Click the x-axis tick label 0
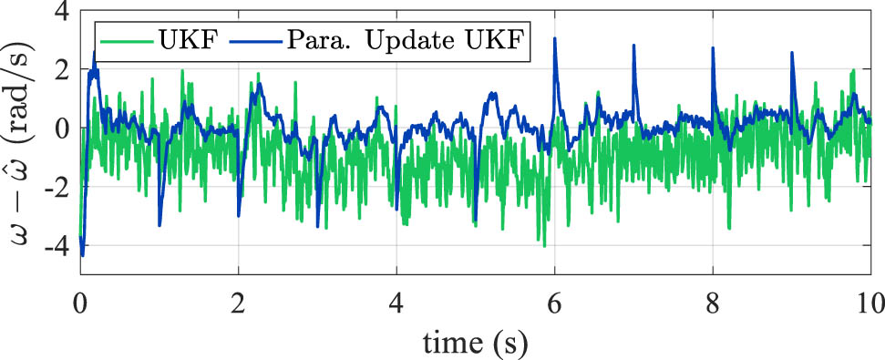pos(80,301)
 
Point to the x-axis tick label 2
pos(239,301)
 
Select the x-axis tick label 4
pos(396,301)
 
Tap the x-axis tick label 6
pos(555,301)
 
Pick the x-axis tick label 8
pos(713,301)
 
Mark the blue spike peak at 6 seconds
pos(554,39)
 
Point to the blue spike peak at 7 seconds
pos(633,46)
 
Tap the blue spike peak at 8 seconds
pos(713,48)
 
